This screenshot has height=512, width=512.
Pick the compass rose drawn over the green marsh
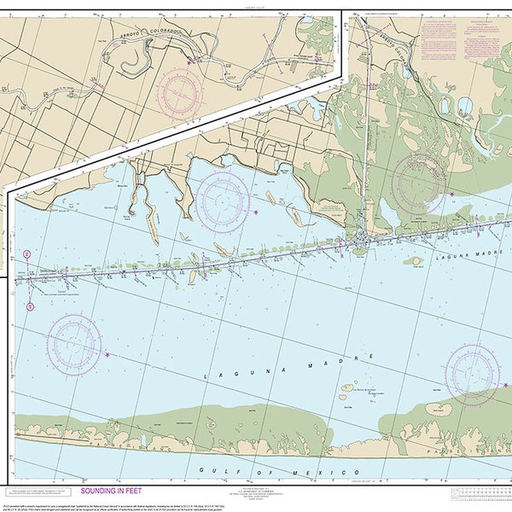419,181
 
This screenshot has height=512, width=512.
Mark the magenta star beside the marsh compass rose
452,194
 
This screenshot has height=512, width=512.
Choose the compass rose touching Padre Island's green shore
473,373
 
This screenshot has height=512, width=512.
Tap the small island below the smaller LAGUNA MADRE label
415,261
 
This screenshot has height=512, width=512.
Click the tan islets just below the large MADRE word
358,391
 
